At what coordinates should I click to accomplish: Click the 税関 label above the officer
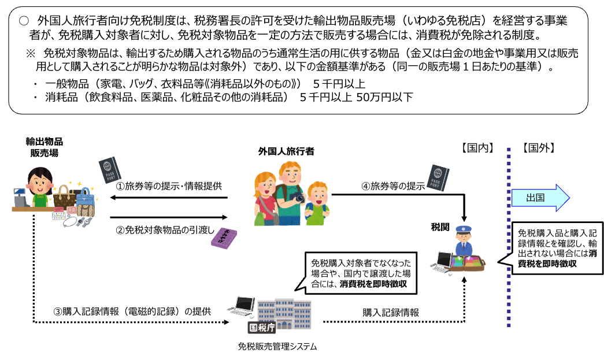click(x=440, y=225)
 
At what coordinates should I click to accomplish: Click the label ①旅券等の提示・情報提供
click(x=169, y=186)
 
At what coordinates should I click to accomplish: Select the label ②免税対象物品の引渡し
click(x=165, y=229)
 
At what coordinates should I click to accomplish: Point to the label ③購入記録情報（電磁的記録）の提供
click(x=132, y=311)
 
